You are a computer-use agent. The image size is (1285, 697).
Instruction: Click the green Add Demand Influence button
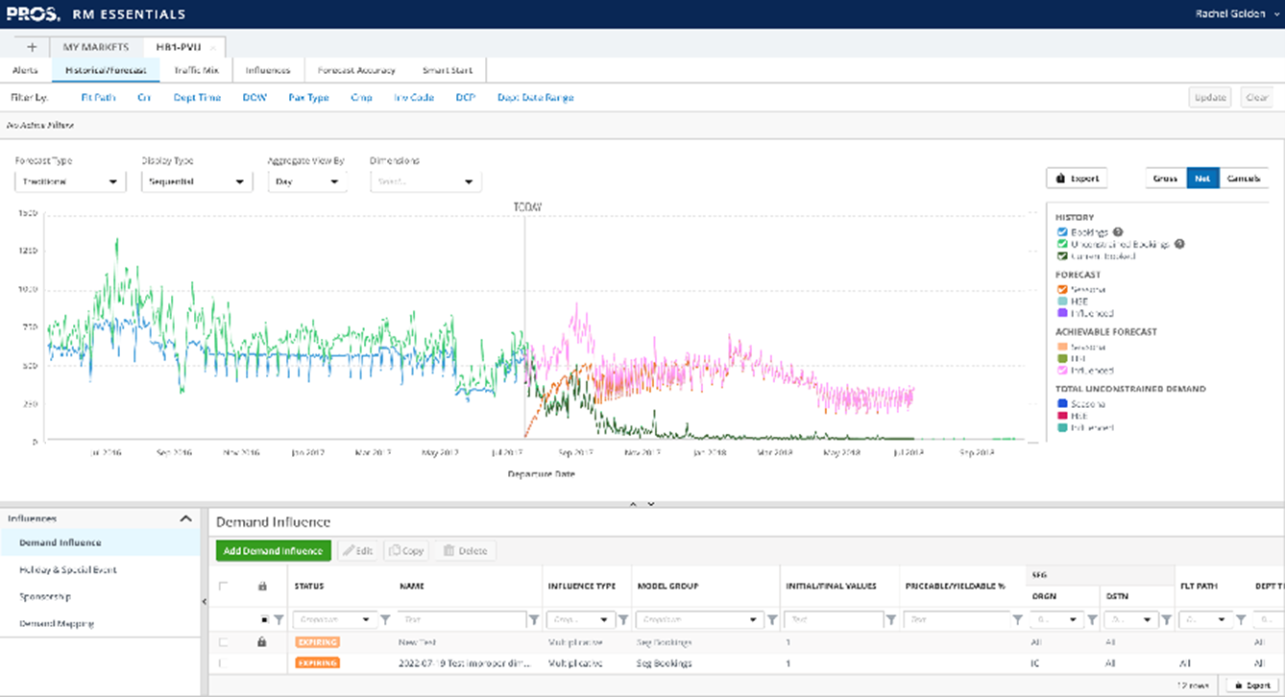274,551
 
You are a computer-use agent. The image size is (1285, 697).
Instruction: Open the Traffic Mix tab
196,70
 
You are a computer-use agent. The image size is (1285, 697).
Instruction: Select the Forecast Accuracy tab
356,70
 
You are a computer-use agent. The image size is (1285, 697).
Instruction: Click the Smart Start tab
448,70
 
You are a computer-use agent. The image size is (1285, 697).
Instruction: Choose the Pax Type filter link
308,97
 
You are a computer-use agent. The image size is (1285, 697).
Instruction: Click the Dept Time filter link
197,97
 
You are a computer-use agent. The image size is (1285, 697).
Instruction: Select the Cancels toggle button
1243,179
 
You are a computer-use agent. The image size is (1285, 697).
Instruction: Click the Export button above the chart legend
1077,179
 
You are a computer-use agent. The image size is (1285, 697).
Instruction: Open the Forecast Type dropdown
69,181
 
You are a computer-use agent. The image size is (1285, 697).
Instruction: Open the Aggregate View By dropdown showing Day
306,181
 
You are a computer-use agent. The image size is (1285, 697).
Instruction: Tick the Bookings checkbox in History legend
1061,232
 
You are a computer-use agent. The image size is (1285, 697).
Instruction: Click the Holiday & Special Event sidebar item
68,569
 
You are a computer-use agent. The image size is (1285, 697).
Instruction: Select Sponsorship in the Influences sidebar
45,596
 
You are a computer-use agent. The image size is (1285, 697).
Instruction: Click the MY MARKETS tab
95,46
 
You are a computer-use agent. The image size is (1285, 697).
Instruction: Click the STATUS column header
309,586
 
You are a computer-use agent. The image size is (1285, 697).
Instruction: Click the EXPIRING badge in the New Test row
317,641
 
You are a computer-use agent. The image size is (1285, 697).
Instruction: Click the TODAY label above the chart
526,207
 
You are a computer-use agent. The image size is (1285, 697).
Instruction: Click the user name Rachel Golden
1230,14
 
